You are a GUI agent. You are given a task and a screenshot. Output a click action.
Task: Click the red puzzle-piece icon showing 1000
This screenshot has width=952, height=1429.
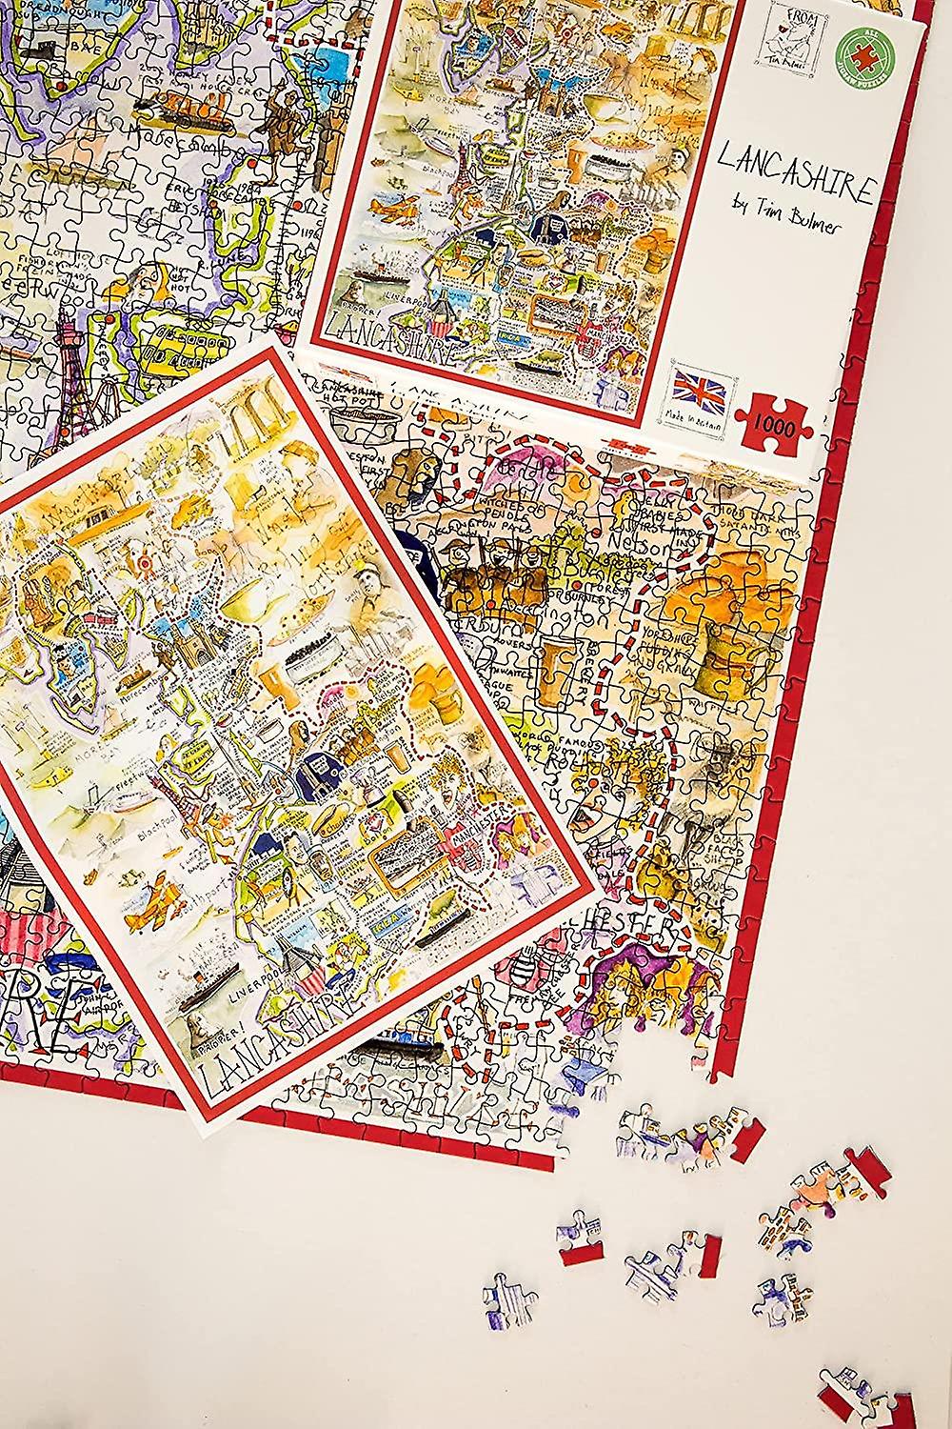pyautogui.click(x=771, y=417)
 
